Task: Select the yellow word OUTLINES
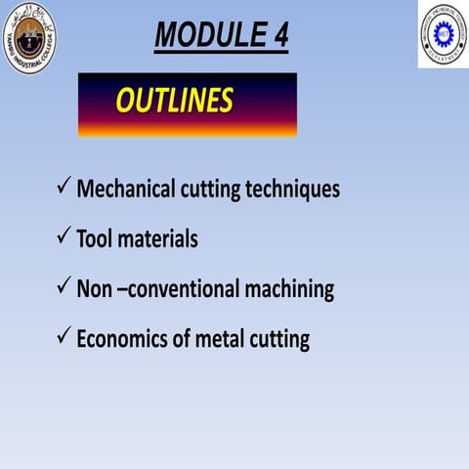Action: pyautogui.click(x=174, y=101)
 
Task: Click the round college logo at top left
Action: pyautogui.click(x=29, y=37)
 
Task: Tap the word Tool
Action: pyautogui.click(x=96, y=239)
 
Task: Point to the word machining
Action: pyautogui.click(x=292, y=290)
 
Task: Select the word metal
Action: pyautogui.click(x=225, y=339)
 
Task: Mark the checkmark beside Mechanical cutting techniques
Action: pyautogui.click(x=63, y=187)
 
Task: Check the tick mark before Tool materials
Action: pyautogui.click(x=63, y=237)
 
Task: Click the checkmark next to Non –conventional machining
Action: pyautogui.click(x=63, y=287)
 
